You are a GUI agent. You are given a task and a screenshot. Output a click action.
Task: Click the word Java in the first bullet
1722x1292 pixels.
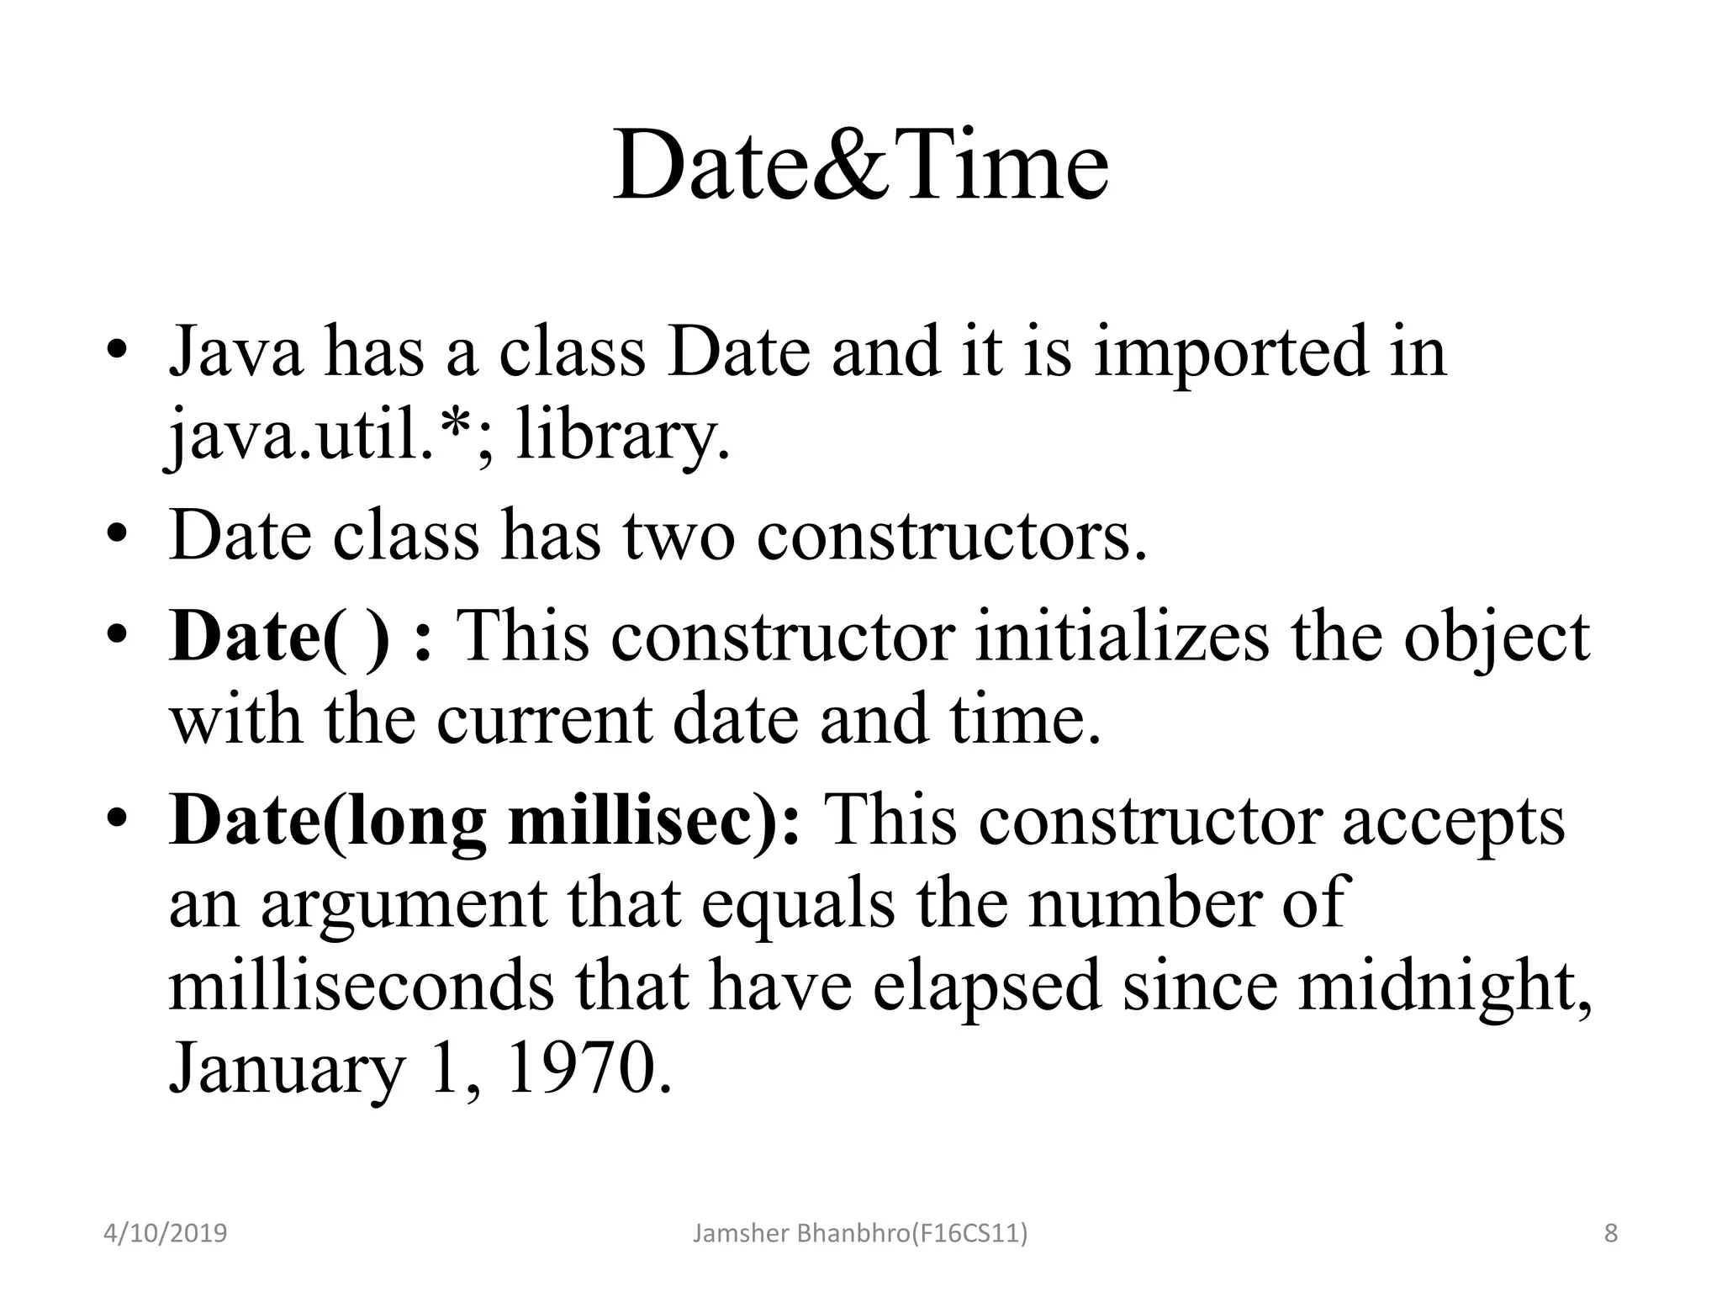click(x=236, y=352)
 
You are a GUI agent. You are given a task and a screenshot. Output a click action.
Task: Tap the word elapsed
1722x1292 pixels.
click(x=986, y=986)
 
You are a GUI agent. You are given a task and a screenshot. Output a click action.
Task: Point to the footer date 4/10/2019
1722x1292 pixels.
click(x=165, y=1234)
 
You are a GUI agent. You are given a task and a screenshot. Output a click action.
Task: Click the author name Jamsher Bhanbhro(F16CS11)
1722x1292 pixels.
click(x=859, y=1234)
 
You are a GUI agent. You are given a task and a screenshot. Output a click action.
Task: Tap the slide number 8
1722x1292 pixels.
click(x=1610, y=1234)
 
